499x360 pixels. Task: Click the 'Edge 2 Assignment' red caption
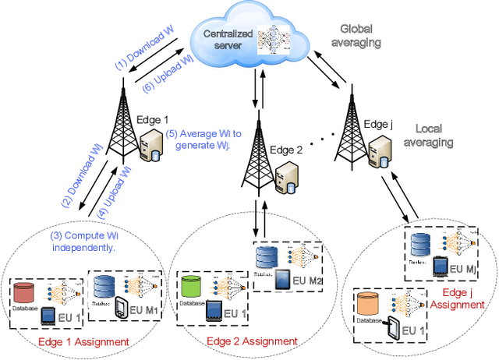coord(251,341)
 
